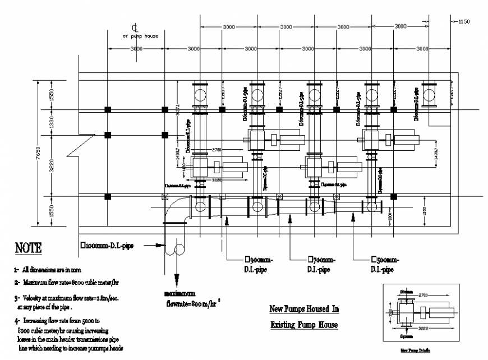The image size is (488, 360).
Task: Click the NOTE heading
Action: (x=27, y=248)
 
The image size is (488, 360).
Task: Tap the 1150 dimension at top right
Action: (x=463, y=22)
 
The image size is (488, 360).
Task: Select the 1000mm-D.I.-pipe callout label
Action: (x=107, y=245)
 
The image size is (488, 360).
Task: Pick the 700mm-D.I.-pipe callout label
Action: (x=321, y=265)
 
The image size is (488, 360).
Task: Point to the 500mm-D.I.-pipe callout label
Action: (x=385, y=265)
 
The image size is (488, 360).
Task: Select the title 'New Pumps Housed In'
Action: (x=304, y=309)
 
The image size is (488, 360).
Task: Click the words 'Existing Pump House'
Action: (x=304, y=324)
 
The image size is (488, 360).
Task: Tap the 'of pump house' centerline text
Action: (x=140, y=36)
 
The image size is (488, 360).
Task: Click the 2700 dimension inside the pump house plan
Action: (x=218, y=150)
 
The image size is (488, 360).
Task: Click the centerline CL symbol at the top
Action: (x=135, y=27)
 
